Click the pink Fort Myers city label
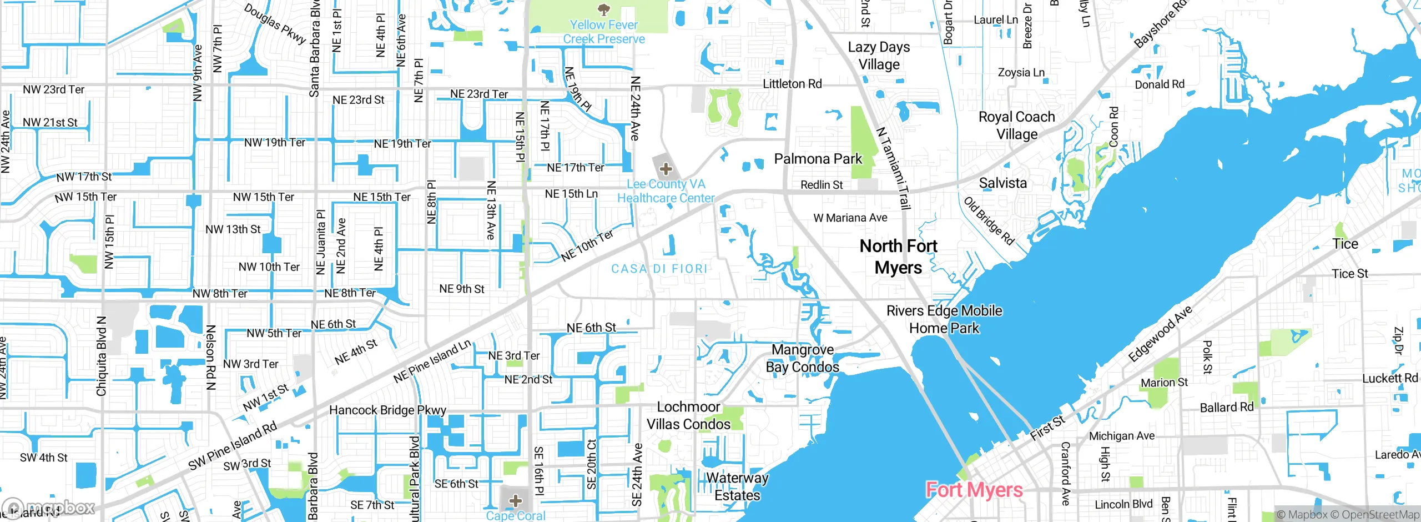click(x=974, y=490)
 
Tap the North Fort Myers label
click(x=898, y=257)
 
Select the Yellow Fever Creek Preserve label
click(x=604, y=32)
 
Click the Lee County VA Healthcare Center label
click(x=666, y=191)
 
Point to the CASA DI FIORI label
click(x=659, y=269)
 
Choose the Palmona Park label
click(x=818, y=159)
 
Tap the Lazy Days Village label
click(x=879, y=56)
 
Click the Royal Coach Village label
click(x=1016, y=126)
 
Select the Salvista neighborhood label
click(x=1002, y=183)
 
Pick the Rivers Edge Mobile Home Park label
click(x=944, y=319)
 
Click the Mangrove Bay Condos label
click(x=803, y=358)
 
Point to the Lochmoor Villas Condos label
click(x=688, y=415)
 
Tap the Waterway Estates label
click(x=737, y=486)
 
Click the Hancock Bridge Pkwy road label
click(x=387, y=410)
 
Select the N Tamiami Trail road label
click(x=893, y=168)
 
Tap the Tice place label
click(x=1345, y=244)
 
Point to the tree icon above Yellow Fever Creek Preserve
click(x=604, y=9)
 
